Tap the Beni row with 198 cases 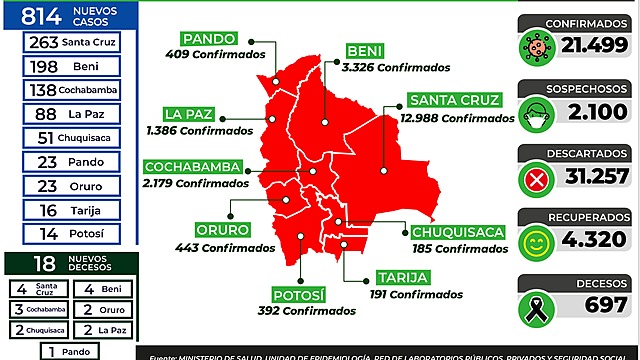click(x=70, y=66)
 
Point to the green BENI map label click(x=365, y=51)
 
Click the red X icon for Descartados click(x=538, y=181)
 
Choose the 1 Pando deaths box click(x=70, y=351)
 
